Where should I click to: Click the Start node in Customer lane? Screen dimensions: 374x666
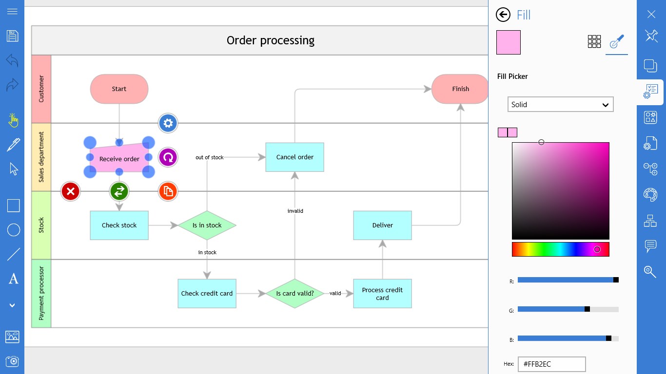pos(119,89)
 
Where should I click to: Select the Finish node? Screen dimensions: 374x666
pos(460,89)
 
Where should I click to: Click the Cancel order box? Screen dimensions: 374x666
pos(294,157)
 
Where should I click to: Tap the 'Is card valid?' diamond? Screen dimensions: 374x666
pos(294,293)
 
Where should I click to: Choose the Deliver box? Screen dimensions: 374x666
pos(382,225)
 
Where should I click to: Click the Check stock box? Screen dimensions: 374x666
pos(119,225)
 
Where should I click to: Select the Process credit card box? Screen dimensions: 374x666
pos(382,293)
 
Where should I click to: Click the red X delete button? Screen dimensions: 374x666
pos(71,191)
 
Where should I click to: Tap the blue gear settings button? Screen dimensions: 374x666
pos(168,123)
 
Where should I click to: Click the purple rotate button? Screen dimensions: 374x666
pos(168,157)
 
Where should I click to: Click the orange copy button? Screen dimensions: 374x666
pos(168,191)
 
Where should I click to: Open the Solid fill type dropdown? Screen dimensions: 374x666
pos(560,104)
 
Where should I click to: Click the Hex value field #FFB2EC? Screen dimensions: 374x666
pos(551,364)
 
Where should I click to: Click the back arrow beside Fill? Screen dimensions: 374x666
pos(503,15)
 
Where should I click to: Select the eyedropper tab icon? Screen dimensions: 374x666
pos(617,41)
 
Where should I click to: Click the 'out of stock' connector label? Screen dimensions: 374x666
pos(210,157)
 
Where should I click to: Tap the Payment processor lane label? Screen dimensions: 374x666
pos(41,293)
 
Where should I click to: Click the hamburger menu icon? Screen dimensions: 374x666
pos(13,12)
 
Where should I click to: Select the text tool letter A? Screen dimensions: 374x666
pos(13,279)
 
